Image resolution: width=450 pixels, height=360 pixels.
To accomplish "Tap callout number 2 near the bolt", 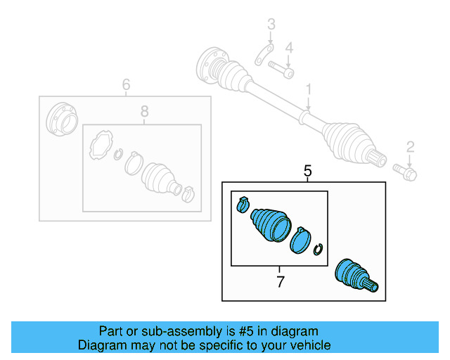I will coord(410,146).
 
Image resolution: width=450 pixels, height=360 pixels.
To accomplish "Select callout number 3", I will coord(271,27).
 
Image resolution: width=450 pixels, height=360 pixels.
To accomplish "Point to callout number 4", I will coord(288,48).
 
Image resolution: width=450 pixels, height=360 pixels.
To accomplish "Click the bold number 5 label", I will coord(307,171).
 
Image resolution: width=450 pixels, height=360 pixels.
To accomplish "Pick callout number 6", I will coord(126,85).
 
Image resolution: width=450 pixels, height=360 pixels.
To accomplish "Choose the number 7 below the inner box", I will coord(280,282).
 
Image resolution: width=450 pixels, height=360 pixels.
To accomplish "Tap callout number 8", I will coord(144,111).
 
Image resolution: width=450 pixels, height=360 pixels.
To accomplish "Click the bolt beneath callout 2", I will coord(406,170).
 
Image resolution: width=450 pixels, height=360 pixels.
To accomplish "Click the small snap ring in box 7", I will coord(319,250).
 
